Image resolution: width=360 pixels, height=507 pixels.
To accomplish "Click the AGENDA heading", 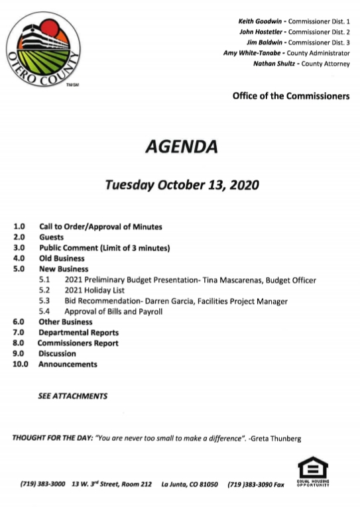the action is pyautogui.click(x=180, y=146).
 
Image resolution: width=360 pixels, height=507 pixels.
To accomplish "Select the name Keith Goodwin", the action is pyautogui.click(x=259, y=22).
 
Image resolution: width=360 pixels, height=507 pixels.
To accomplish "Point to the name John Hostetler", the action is pyautogui.click(x=261, y=32).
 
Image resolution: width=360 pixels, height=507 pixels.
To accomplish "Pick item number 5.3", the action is pyautogui.click(x=44, y=301).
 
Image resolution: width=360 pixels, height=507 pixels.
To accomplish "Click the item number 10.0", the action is pyautogui.click(x=21, y=364).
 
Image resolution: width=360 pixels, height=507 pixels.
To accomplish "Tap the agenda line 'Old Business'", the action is pyautogui.click(x=62, y=258).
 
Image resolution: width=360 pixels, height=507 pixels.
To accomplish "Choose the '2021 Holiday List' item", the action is pyautogui.click(x=95, y=290).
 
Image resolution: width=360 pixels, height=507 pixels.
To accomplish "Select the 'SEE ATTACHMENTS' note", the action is pyautogui.click(x=72, y=396).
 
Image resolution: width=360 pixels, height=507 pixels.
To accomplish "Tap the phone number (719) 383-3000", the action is pyautogui.click(x=42, y=484).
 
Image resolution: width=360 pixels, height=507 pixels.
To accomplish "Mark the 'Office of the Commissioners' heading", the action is pyautogui.click(x=290, y=96).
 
